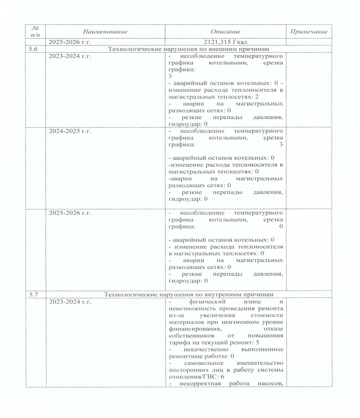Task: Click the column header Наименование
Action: pos(105,32)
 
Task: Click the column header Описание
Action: pos(225,32)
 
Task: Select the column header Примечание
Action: pos(309,32)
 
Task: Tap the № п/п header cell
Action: pos(36,32)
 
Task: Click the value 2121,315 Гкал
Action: pos(225,42)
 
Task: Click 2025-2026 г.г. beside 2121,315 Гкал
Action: pos(70,42)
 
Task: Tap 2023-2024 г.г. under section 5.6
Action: pos(70,56)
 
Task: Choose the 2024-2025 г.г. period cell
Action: pos(70,131)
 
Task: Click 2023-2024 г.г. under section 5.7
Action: pos(70,302)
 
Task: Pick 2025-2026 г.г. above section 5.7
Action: pos(70,213)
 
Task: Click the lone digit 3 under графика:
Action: pos(170,76)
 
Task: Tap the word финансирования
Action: pos(192,329)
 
